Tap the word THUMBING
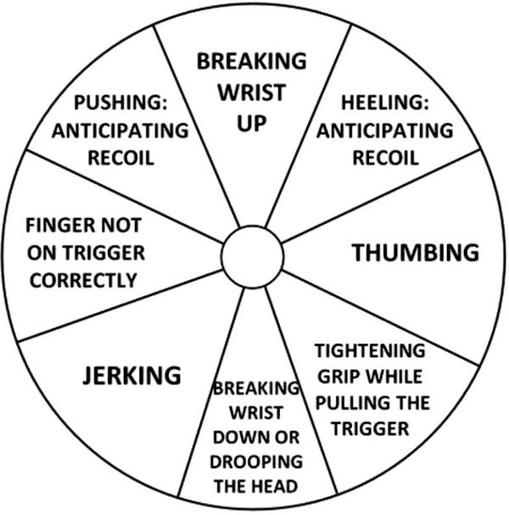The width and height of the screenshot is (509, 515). [x=416, y=252]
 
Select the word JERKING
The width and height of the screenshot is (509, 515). [x=131, y=374]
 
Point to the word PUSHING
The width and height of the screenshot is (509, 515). [x=117, y=104]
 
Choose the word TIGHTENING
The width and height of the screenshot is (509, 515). [x=369, y=350]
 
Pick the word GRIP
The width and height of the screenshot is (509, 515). [x=336, y=375]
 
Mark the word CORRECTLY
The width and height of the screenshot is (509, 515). [x=83, y=280]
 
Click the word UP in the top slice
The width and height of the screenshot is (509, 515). [x=252, y=123]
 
